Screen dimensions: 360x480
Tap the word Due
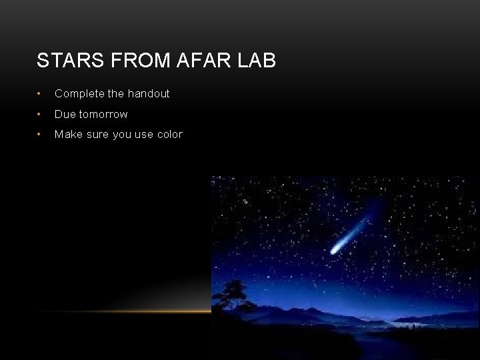coord(65,114)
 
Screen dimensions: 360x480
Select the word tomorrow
coord(103,114)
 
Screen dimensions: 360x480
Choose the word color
coord(169,135)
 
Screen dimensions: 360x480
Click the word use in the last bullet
coord(144,135)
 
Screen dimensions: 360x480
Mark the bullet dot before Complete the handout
coord(40,94)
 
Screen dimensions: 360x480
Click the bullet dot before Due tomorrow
coord(40,115)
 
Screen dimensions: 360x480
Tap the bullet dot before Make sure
coord(40,135)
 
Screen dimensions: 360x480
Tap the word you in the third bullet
coord(122,135)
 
